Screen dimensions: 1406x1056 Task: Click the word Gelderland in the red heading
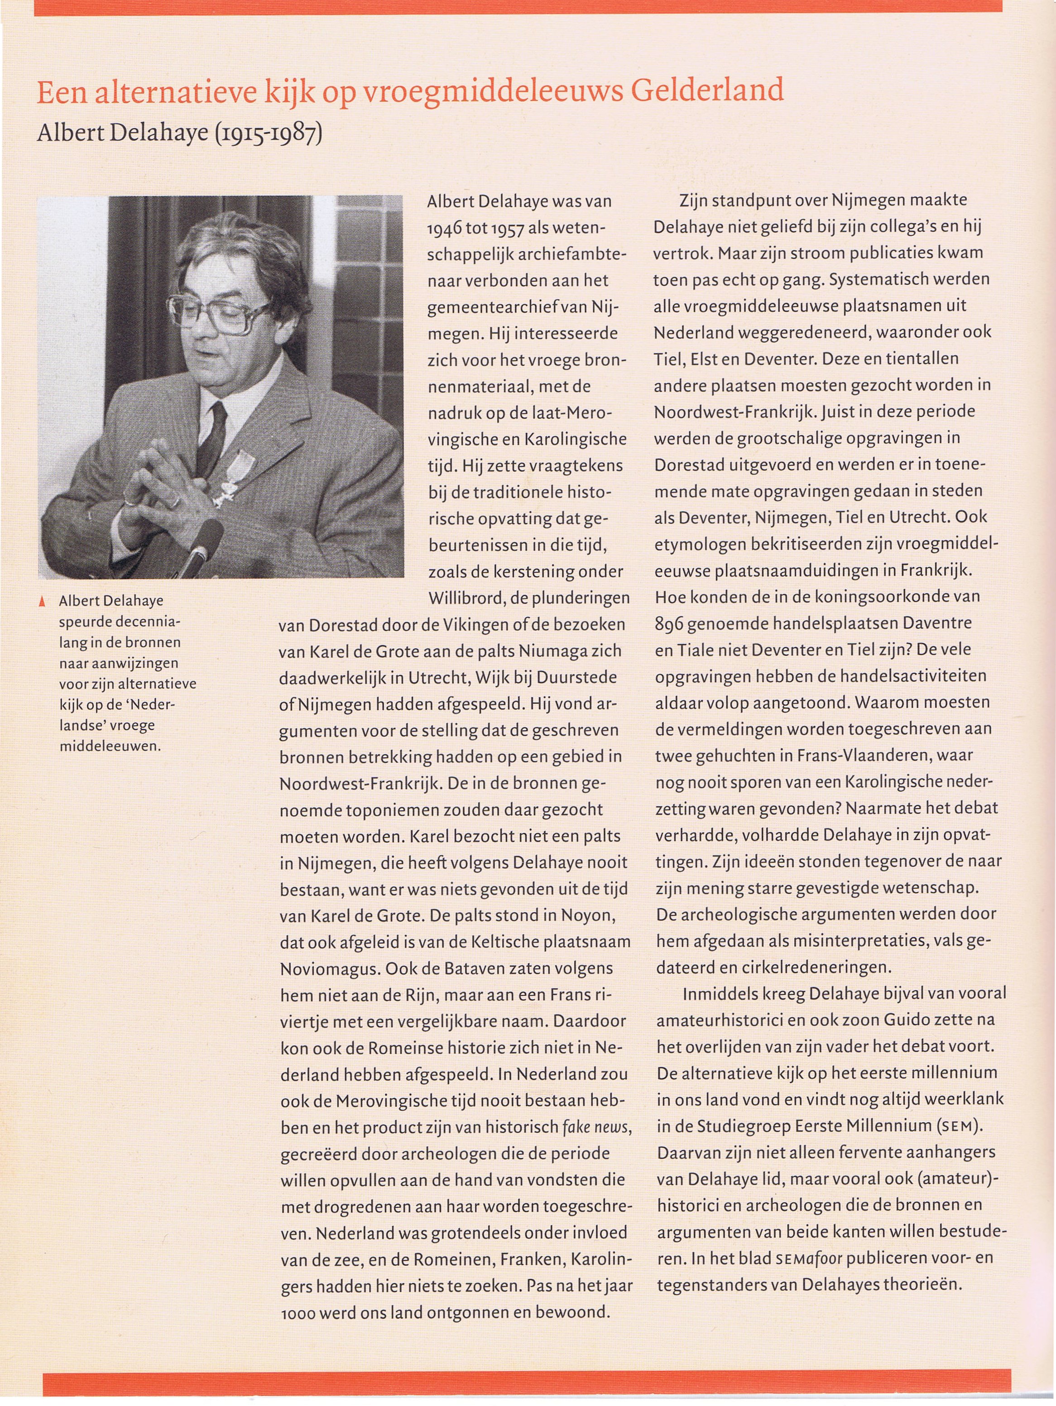pos(706,91)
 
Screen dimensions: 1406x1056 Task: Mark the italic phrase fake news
pos(596,1127)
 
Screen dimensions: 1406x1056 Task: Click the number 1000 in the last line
pos(298,1313)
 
